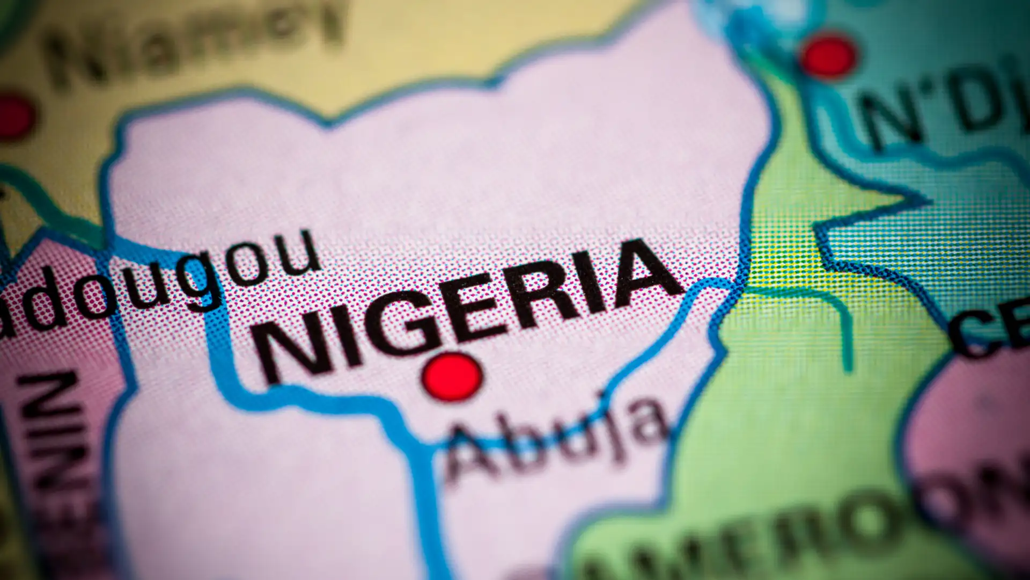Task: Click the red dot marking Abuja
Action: point(452,376)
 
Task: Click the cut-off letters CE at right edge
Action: point(992,328)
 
